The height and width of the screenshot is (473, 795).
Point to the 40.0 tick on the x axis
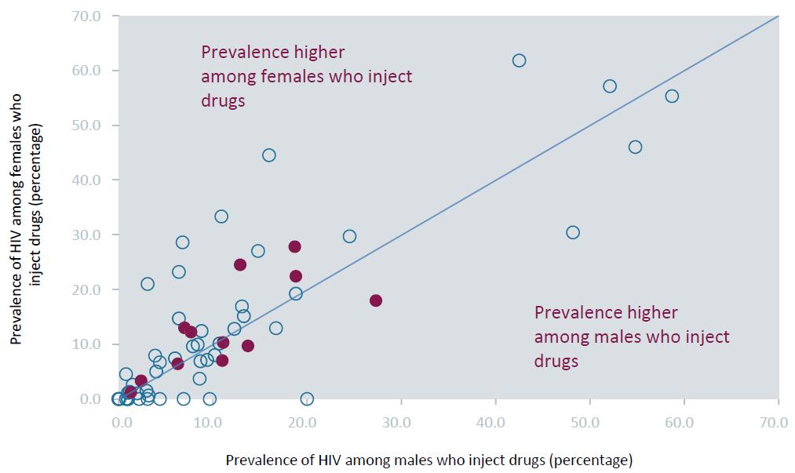point(491,422)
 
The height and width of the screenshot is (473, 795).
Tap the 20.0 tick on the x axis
point(302,422)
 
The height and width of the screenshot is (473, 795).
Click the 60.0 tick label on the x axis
point(680,422)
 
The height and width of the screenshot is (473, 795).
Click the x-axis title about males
point(428,459)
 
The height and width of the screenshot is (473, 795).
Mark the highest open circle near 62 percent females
point(519,60)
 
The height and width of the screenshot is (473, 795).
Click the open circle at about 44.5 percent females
point(268,155)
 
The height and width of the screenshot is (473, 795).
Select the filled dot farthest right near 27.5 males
point(376,300)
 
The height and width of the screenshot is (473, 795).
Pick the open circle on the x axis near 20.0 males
point(307,398)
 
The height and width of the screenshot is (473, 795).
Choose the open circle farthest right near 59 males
point(672,96)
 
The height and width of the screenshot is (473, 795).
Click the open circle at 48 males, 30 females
point(573,232)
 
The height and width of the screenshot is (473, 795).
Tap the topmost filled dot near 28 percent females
point(294,246)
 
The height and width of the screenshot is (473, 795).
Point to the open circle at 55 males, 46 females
point(635,147)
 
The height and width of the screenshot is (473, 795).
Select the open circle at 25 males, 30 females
point(349,236)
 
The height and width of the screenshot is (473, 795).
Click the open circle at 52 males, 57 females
point(610,86)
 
